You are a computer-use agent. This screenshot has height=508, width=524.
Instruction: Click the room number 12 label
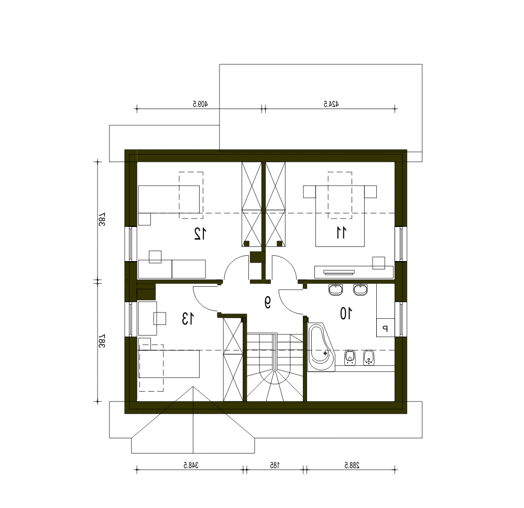pos(200,233)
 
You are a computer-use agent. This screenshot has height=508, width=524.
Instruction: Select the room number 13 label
pos(188,318)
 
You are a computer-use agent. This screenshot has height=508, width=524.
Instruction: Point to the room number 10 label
pos(346,314)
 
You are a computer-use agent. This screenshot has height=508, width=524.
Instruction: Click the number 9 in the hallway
pos(267,302)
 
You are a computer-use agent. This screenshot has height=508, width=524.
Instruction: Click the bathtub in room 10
pos(321,347)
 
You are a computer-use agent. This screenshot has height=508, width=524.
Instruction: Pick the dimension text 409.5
pos(200,104)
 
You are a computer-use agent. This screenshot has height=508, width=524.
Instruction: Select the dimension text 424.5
pos(331,104)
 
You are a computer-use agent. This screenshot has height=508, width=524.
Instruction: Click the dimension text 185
pos(275,465)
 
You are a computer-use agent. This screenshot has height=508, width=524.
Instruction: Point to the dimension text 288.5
pos(352,465)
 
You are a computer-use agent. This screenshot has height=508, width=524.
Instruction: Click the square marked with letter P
pos(385,328)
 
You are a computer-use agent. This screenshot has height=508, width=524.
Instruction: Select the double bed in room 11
pos(340,216)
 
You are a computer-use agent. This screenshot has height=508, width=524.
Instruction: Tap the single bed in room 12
pos(169,199)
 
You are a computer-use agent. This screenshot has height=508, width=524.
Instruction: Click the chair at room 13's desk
pos(160,318)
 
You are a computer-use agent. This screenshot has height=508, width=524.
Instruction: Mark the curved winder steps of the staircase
pos(275,385)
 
